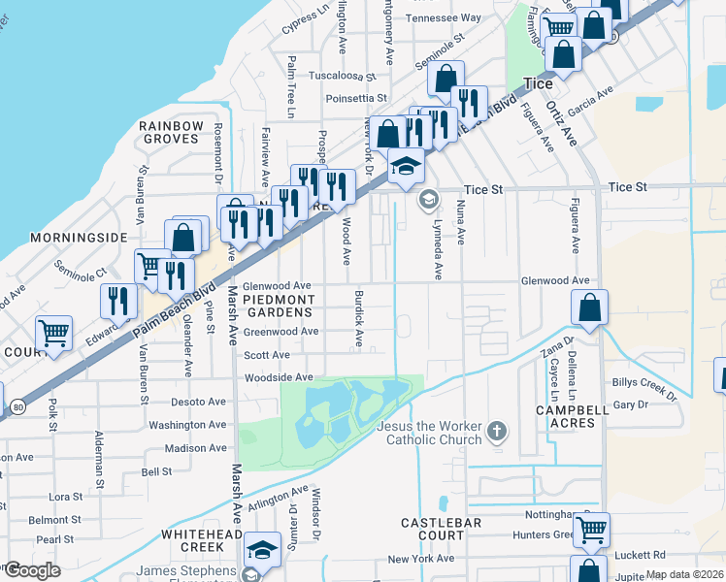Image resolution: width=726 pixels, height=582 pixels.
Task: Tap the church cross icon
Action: (496, 429)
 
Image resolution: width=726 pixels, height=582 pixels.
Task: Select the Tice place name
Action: (537, 84)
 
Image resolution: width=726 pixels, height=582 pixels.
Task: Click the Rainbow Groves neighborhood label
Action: (171, 133)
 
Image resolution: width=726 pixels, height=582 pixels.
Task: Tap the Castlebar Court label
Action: (441, 529)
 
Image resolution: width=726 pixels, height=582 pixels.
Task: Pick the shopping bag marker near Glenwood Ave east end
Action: (589, 309)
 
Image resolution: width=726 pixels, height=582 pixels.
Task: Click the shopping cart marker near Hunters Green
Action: (591, 530)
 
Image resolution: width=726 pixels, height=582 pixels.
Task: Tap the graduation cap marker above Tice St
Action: (407, 166)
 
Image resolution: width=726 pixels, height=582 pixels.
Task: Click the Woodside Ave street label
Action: (279, 377)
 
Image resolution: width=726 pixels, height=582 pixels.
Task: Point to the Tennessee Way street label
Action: (444, 17)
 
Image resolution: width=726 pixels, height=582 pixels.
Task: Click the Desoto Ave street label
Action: (197, 401)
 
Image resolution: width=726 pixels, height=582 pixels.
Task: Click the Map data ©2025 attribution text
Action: (685, 574)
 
